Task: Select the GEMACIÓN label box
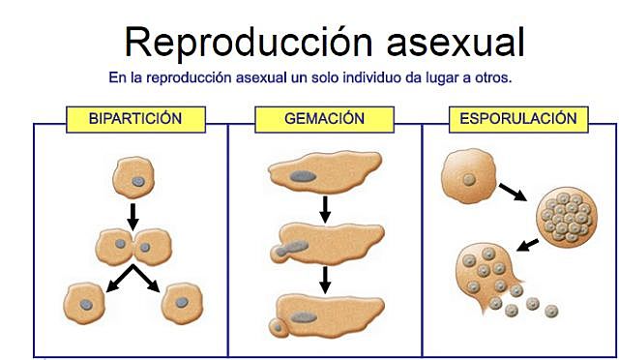(324, 119)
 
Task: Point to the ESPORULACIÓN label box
(519, 119)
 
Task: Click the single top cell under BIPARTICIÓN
(133, 178)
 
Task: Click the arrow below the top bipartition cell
(133, 212)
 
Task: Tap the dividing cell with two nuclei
(133, 247)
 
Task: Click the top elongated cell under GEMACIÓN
(324, 174)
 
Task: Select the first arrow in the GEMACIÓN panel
(325, 207)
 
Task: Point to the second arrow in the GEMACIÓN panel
(325, 279)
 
